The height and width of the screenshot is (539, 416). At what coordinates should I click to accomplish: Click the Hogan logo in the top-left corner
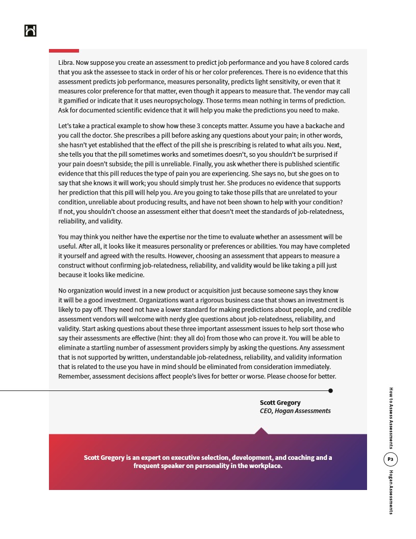[x=30, y=31]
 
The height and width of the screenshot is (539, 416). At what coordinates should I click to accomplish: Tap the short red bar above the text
[x=64, y=51]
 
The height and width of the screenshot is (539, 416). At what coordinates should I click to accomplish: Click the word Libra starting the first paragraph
[x=66, y=63]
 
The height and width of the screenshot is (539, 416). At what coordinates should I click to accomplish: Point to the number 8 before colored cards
[x=307, y=63]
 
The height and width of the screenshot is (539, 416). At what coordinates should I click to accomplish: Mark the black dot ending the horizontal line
[x=330, y=391]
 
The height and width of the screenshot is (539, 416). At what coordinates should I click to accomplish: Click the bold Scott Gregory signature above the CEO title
[x=280, y=403]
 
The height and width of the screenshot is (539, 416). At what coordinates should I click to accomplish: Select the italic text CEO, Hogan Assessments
[x=295, y=411]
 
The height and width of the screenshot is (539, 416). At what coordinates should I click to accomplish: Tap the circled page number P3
[x=390, y=459]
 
